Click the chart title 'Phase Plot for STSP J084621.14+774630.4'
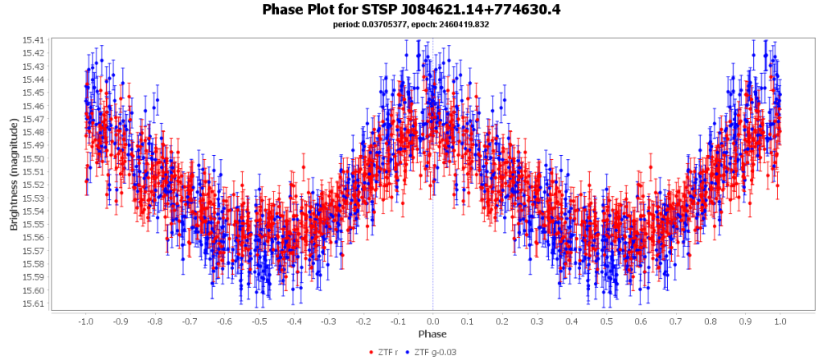click(x=411, y=10)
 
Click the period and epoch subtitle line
click(x=411, y=25)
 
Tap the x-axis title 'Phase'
click(x=432, y=333)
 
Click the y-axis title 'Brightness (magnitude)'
click(x=14, y=175)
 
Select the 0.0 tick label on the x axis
click(x=433, y=321)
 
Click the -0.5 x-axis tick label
click(x=259, y=321)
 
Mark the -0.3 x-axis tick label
click(x=329, y=321)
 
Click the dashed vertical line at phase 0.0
click(x=433, y=241)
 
